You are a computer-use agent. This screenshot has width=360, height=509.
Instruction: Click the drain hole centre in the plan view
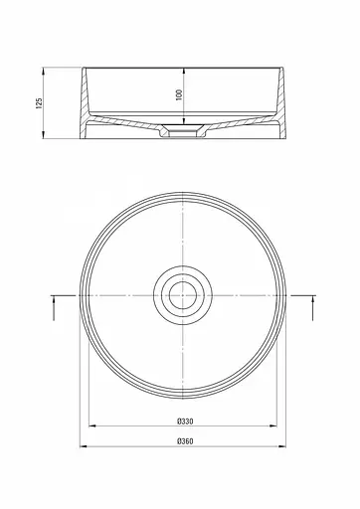[x=181, y=294]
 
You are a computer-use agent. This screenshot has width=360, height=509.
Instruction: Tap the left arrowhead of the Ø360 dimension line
[x=84, y=450]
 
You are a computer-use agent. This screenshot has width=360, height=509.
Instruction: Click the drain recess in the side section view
[x=181, y=129]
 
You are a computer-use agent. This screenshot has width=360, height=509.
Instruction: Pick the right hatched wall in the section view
[x=275, y=104]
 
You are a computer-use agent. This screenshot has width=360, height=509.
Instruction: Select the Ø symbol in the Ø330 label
[x=173, y=420]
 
